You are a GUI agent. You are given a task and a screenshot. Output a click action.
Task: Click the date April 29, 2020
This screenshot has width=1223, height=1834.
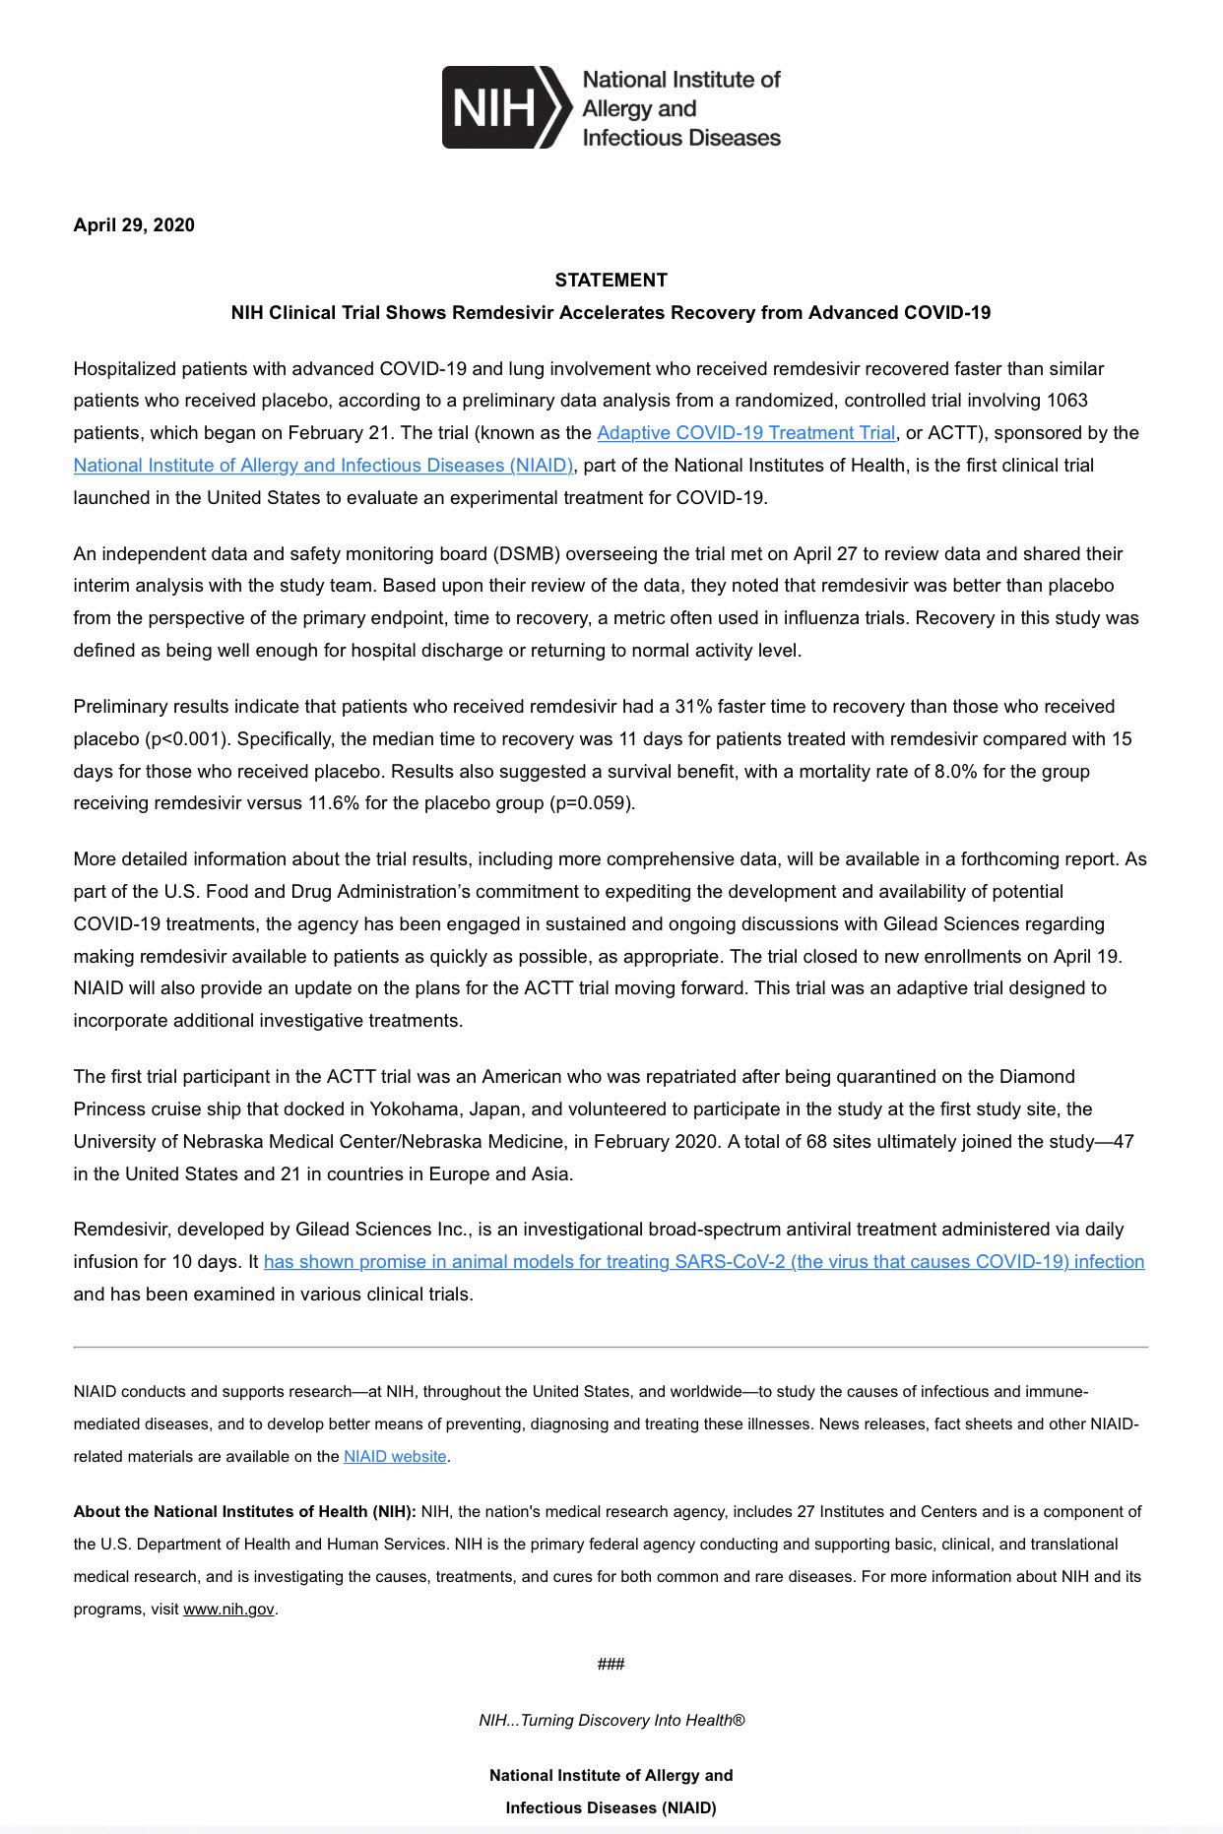coord(134,225)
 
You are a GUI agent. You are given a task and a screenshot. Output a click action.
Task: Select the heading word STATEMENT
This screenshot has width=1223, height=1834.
coord(611,281)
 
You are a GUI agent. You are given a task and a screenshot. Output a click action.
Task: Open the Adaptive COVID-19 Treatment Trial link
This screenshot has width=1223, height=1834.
coord(745,433)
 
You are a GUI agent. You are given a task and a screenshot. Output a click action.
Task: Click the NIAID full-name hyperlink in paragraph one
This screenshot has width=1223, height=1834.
coord(323,466)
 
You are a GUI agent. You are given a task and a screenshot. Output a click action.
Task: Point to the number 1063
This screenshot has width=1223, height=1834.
coord(1067,401)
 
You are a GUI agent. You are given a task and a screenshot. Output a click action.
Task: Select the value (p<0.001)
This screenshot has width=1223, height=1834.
coord(186,739)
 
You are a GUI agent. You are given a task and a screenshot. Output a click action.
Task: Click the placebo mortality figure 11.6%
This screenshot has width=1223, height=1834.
coord(334,803)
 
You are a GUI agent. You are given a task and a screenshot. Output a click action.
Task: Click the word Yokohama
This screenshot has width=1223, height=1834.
coord(414,1109)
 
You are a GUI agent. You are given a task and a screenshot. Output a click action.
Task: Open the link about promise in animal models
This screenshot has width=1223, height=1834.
coord(703,1262)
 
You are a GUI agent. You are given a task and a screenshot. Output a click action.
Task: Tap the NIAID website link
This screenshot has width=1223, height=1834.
coord(395,1457)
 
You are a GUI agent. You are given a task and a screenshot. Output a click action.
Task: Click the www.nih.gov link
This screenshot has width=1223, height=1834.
coord(228,1610)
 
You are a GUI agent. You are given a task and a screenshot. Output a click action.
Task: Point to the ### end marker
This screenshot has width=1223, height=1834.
coord(611,1665)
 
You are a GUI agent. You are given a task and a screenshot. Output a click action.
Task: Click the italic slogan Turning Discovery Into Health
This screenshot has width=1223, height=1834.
coord(611,1721)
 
